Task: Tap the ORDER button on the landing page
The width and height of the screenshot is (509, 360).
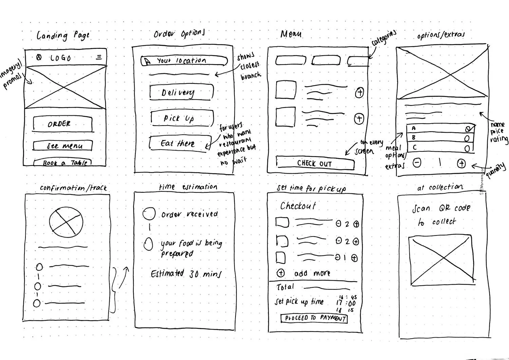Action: (62, 124)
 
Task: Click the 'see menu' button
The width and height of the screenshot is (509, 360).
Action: (63, 146)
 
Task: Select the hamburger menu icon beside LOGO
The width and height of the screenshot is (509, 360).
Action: (99, 57)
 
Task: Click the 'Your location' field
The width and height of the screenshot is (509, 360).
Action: (184, 61)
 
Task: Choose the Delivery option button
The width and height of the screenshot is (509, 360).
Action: (181, 92)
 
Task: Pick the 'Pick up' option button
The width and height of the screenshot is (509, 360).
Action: (182, 118)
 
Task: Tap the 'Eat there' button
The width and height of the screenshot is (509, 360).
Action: (180, 143)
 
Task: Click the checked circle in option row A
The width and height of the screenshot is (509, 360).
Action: (468, 129)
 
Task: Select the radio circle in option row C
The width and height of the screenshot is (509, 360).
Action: (468, 148)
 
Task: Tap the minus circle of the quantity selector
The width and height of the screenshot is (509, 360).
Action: (417, 163)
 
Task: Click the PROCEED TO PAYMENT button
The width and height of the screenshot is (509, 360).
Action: (314, 318)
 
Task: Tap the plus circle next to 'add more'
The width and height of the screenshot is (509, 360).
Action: (281, 273)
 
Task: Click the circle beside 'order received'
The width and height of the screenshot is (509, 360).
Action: (149, 214)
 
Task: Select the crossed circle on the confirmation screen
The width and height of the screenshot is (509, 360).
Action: (66, 222)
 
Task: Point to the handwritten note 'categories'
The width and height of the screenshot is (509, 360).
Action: (384, 38)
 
